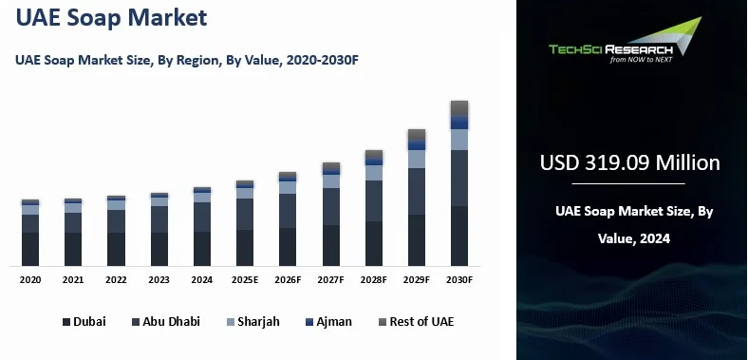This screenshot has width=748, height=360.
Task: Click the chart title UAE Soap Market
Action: (x=111, y=19)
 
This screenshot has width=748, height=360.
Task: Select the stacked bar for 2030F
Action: (x=459, y=182)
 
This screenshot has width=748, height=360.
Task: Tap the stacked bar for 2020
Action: (x=30, y=233)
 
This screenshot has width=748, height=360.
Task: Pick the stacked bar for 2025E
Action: (x=245, y=223)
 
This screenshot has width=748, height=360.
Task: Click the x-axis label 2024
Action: (x=202, y=280)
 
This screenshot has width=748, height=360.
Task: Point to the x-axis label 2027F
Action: (x=331, y=280)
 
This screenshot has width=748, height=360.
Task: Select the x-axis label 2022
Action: (x=116, y=280)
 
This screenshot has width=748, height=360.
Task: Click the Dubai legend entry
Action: (x=84, y=322)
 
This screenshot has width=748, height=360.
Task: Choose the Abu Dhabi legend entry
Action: (x=165, y=322)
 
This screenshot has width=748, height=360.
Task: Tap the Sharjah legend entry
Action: (x=252, y=322)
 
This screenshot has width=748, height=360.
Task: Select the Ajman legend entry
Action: (x=328, y=322)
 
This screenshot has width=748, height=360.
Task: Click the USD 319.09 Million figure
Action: (x=629, y=162)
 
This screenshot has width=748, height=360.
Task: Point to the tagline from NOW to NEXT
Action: (x=642, y=59)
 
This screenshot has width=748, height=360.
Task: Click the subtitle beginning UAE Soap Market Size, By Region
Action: (x=186, y=60)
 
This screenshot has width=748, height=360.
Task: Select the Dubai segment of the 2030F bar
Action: (x=459, y=236)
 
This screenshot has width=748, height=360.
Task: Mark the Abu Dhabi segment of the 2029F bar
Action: (x=417, y=192)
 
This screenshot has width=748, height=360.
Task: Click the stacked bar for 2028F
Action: (x=374, y=208)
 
